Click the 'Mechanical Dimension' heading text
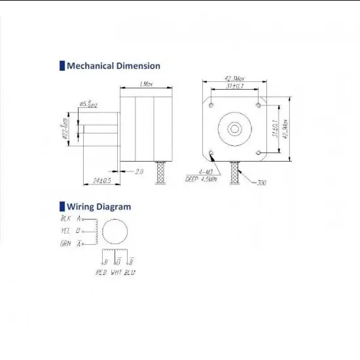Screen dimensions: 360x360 pos(113,65)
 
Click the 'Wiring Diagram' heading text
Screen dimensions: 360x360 pos(99,207)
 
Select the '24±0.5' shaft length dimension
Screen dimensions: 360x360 pos(102,179)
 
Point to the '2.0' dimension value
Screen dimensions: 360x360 pos(139,171)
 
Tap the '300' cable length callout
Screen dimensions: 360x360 pos(261,181)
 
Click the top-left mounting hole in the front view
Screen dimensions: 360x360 pos(211,103)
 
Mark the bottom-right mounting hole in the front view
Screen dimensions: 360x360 pos(260,153)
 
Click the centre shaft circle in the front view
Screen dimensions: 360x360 pos(235,128)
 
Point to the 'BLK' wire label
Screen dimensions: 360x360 pos(65,219)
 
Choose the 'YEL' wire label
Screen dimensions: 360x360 pos(65,231)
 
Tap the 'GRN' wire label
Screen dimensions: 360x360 pos(65,244)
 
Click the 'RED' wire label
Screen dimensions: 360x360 pos(101,272)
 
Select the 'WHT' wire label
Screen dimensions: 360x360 pos(117,272)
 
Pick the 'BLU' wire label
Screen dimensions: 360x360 pos(130,272)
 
